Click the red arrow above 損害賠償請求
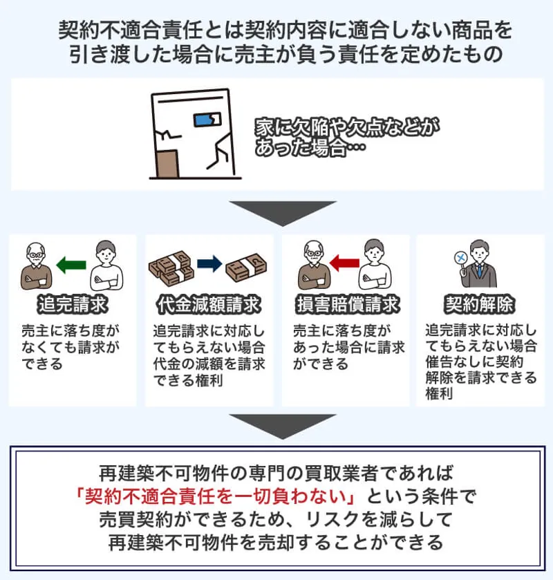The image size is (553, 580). pos(344,263)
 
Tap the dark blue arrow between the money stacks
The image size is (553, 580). pos(209,263)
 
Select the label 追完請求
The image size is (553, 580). pos(73,303)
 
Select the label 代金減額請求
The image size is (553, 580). pos(209,303)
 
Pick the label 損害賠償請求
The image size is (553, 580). pos(345,303)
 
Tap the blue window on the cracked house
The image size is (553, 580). pos(206,121)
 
